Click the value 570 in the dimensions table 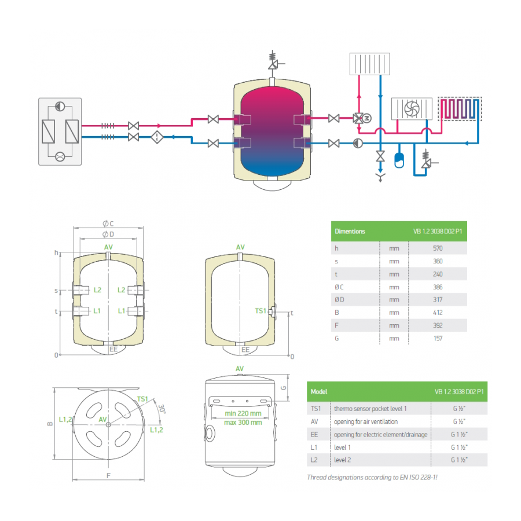pyautogui.click(x=438, y=248)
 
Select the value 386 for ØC pyautogui.click(x=438, y=287)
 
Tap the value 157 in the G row pyautogui.click(x=438, y=338)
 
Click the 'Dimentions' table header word pyautogui.click(x=350, y=231)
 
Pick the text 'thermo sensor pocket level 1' pyautogui.click(x=370, y=409)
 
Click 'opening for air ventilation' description pyautogui.click(x=366, y=421)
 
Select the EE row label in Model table pyautogui.click(x=314, y=434)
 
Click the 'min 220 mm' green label pyautogui.click(x=243, y=413)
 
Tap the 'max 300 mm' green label pyautogui.click(x=243, y=423)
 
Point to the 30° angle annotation pyautogui.click(x=162, y=408)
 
